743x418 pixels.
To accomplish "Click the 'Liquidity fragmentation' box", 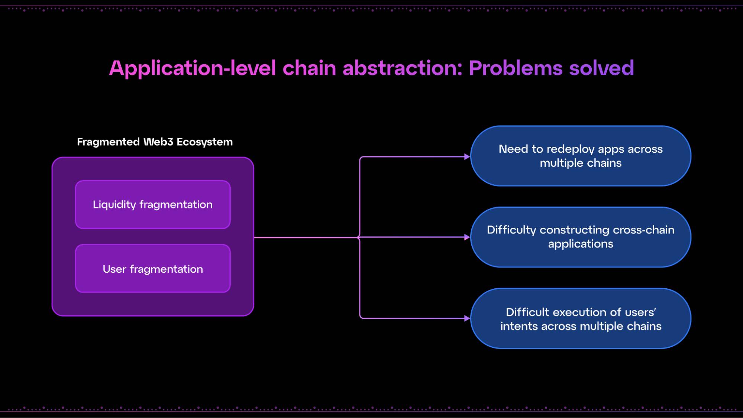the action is click(153, 204).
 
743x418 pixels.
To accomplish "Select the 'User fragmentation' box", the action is click(153, 269).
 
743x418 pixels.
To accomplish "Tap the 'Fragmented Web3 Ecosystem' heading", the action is click(155, 142).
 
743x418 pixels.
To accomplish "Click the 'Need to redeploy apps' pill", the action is click(581, 156).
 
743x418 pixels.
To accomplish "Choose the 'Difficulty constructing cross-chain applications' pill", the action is click(581, 237).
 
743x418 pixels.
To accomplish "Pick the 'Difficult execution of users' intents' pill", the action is click(581, 318).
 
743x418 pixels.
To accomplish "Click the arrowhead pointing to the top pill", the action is click(467, 157).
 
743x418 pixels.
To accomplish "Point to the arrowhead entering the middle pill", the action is click(467, 237).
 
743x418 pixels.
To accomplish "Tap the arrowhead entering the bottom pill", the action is click(467, 318).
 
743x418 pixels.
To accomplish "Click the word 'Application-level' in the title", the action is click(192, 68).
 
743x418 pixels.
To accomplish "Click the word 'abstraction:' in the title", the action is click(403, 68).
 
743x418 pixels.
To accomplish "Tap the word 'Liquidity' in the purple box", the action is click(114, 205).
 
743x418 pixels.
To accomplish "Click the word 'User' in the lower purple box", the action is click(114, 269).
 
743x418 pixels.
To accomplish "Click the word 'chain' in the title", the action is click(309, 68).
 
